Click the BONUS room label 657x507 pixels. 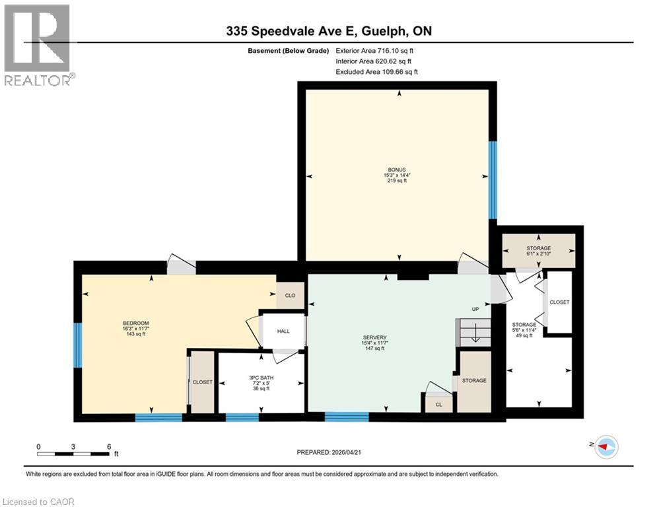click(x=397, y=170)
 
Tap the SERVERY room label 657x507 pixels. click(x=374, y=337)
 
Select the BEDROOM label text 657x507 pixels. click(x=136, y=323)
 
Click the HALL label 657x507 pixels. click(x=283, y=331)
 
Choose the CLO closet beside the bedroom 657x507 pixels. click(x=290, y=295)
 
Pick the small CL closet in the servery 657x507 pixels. click(x=438, y=404)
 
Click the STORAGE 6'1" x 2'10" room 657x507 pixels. click(x=538, y=251)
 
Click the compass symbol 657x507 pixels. click(x=606, y=447)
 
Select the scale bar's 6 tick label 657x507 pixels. click(x=109, y=447)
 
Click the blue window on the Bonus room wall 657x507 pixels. click(x=493, y=180)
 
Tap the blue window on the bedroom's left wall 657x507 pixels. click(x=78, y=345)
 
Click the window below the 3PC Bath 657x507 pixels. click(x=242, y=417)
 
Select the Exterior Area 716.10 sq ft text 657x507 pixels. click(x=374, y=51)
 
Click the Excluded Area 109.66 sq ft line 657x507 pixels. click(x=376, y=72)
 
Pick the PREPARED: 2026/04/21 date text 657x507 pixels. click(x=329, y=452)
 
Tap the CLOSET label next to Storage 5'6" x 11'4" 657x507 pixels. click(x=559, y=302)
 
